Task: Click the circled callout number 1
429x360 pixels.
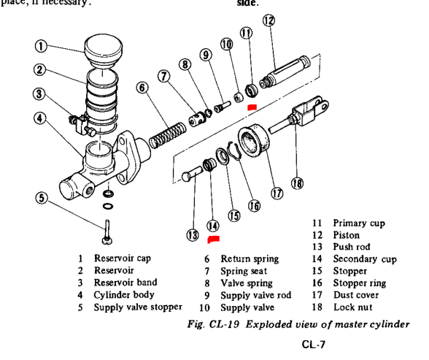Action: click(41, 46)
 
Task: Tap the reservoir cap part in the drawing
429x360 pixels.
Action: click(104, 51)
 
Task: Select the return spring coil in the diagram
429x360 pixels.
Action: click(168, 135)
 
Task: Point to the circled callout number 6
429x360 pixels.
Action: click(142, 88)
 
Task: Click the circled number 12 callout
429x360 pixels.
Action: click(268, 20)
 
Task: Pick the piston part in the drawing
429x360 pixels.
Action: click(285, 72)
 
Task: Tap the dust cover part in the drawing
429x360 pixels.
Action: click(254, 141)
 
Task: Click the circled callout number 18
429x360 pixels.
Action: click(297, 183)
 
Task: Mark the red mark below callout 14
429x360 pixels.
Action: click(213, 240)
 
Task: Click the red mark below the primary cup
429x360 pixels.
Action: click(252, 107)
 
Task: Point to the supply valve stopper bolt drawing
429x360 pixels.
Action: click(107, 232)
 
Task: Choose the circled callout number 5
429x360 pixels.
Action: click(42, 198)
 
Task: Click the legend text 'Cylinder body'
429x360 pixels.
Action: click(124, 295)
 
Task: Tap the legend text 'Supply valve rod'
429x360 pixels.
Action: click(256, 296)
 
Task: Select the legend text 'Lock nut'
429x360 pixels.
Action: click(353, 307)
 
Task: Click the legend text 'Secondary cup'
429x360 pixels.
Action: click(365, 259)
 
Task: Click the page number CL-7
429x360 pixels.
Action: click(314, 344)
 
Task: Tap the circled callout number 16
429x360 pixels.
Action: click(254, 206)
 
